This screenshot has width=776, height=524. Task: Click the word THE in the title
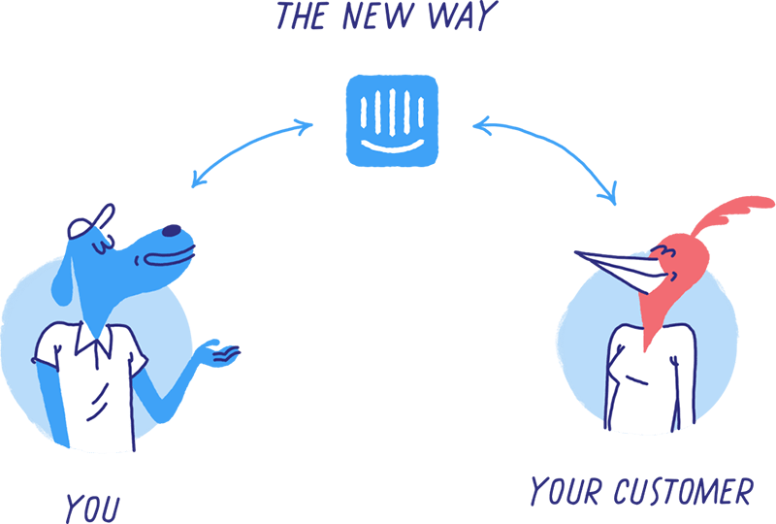(308, 16)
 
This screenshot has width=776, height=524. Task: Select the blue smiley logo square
(394, 119)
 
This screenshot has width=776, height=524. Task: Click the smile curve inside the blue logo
(394, 144)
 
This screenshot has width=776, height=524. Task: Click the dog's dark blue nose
(171, 231)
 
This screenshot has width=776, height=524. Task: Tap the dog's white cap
(89, 225)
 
